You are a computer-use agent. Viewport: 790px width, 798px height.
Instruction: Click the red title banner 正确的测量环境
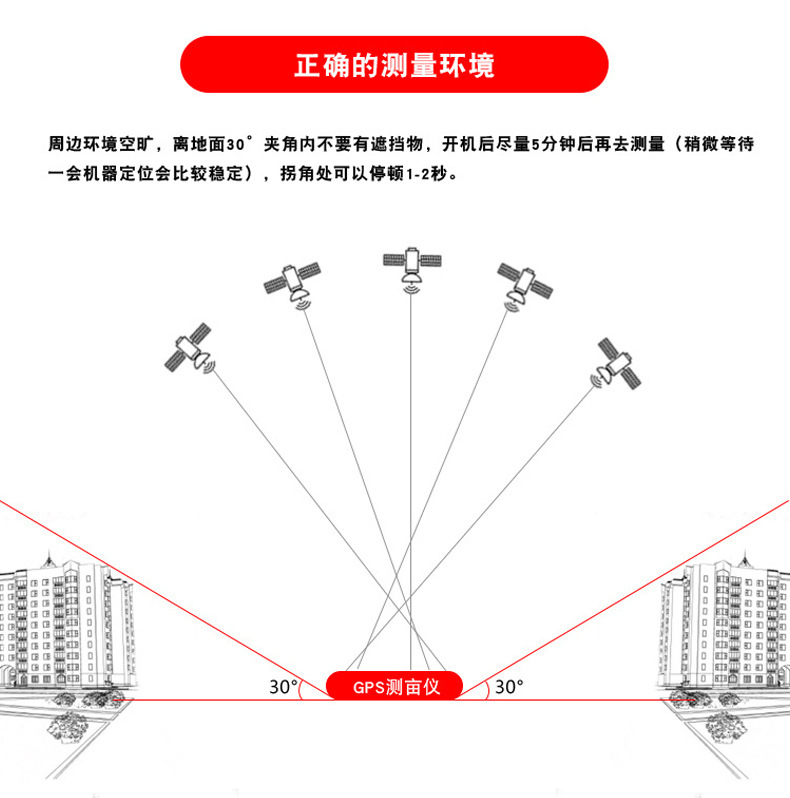tap(394, 65)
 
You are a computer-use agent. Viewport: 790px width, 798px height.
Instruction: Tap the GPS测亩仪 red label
tap(394, 686)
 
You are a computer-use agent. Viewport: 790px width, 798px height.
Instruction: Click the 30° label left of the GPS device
tap(283, 687)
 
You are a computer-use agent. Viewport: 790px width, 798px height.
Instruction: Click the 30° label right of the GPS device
tap(509, 687)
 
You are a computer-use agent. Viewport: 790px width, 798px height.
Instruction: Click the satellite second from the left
tap(293, 280)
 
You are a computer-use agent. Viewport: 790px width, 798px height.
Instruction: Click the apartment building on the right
tap(725, 625)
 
